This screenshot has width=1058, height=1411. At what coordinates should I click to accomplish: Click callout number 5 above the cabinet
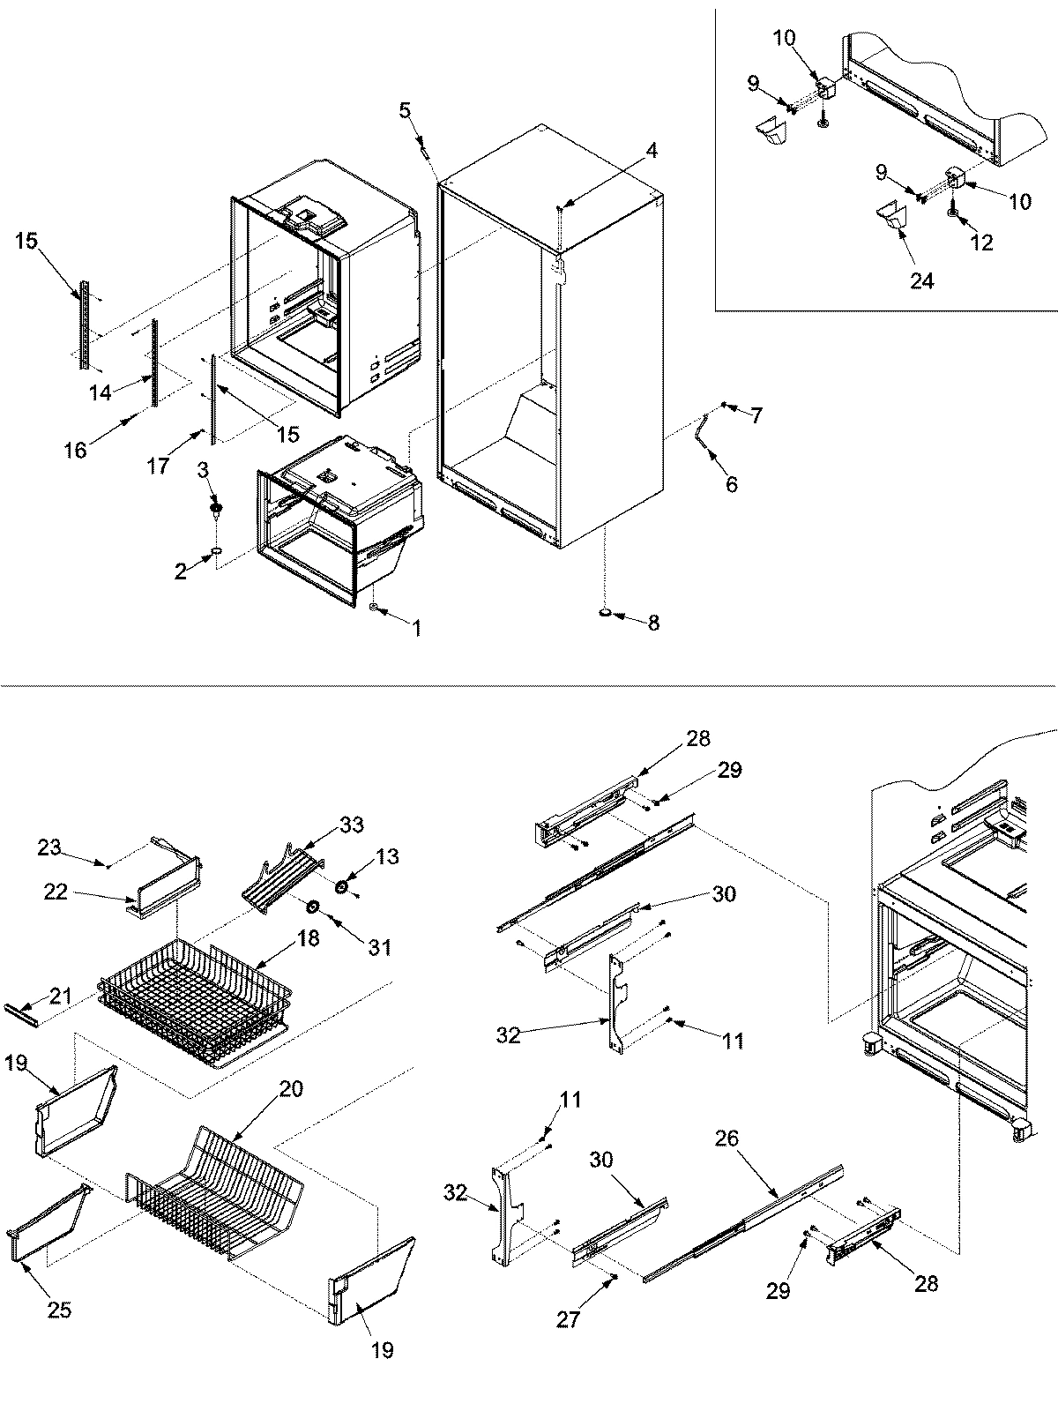[x=405, y=110]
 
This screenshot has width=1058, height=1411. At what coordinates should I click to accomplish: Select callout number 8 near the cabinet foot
[x=653, y=623]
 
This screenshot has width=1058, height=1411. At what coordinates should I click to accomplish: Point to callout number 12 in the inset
[x=981, y=242]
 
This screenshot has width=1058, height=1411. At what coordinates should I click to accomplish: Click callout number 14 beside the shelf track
[x=101, y=392]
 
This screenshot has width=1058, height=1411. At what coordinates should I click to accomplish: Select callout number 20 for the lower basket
[x=291, y=1089]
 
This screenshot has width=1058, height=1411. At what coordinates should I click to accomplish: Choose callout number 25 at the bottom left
[x=60, y=1310]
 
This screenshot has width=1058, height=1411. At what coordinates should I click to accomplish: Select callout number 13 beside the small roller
[x=386, y=856]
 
